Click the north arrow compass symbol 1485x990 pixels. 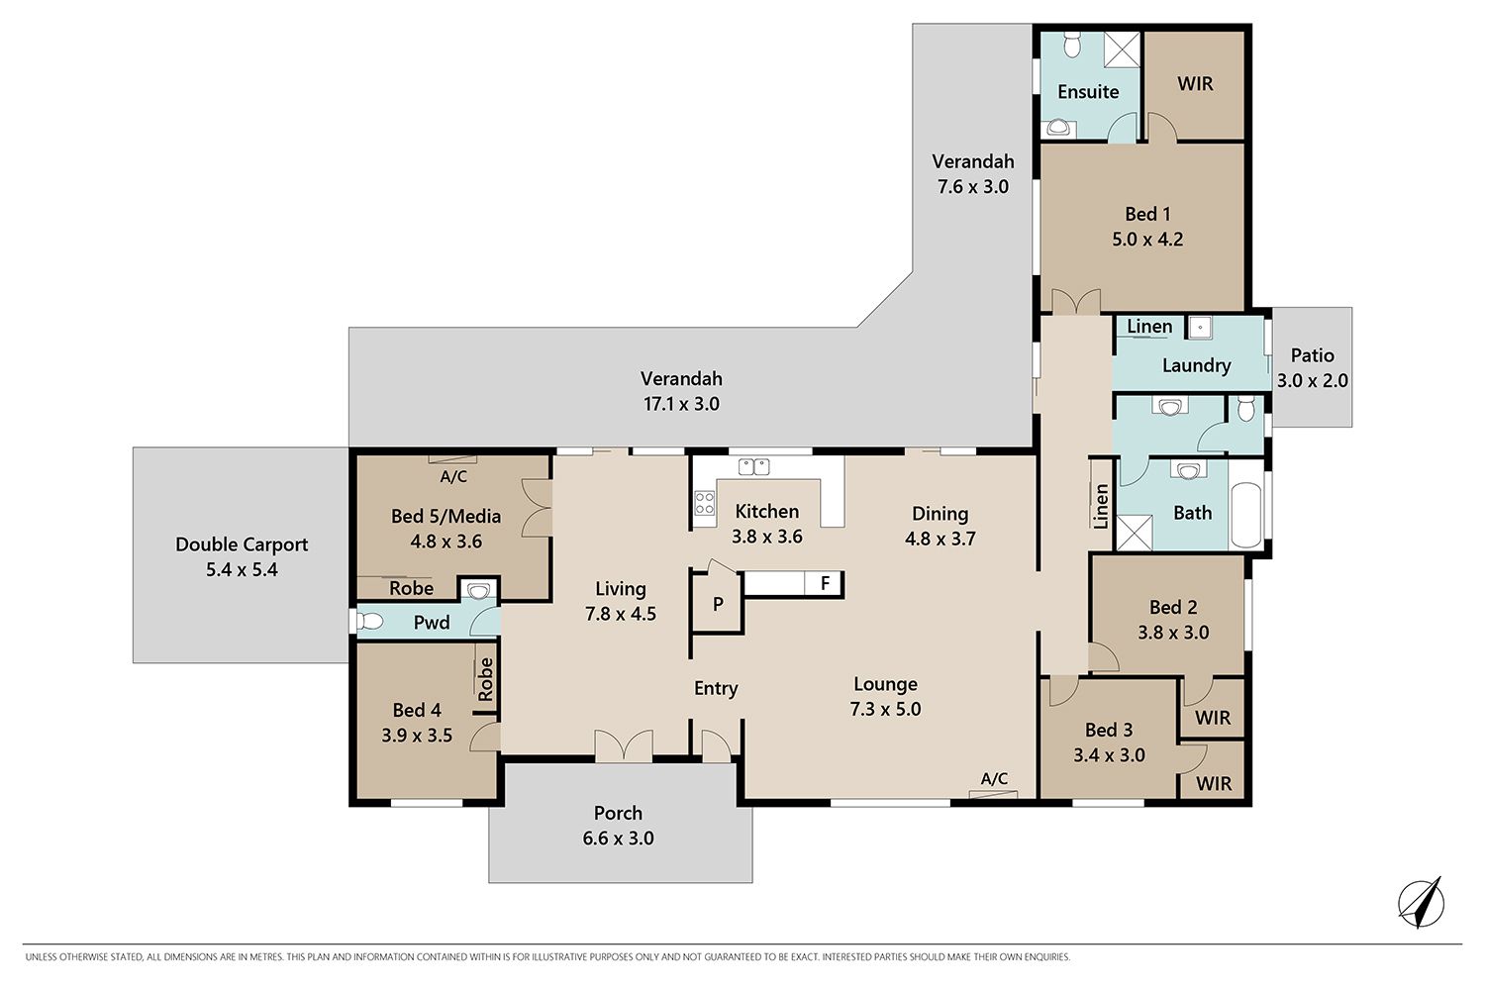(x=1421, y=903)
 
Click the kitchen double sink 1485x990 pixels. (x=753, y=467)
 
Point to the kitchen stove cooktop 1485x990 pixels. (x=705, y=503)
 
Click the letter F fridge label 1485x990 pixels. (x=826, y=583)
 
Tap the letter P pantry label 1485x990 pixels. (x=718, y=604)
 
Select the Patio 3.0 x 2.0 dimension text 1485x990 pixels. (x=1313, y=380)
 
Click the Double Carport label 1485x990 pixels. (x=242, y=544)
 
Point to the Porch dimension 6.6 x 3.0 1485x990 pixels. (x=619, y=839)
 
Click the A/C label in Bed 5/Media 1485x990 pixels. (x=454, y=476)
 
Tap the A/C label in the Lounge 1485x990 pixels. (x=994, y=778)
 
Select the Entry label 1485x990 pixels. (x=716, y=688)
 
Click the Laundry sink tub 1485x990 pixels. (x=1199, y=328)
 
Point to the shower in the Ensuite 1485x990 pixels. (x=1122, y=49)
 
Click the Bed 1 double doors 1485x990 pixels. (x=1076, y=302)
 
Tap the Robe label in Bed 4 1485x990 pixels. (x=486, y=679)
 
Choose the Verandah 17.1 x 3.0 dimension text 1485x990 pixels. (x=681, y=404)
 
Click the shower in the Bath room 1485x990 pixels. (x=1135, y=533)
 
